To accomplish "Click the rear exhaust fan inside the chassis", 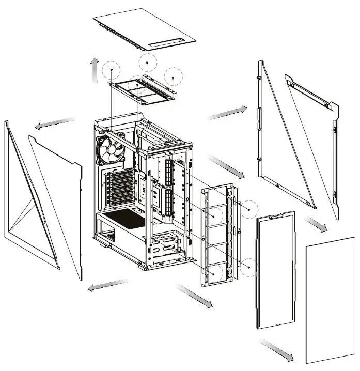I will (110, 150).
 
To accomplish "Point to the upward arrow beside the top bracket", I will (95, 70).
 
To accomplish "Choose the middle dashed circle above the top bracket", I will (147, 63).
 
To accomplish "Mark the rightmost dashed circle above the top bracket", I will (173, 76).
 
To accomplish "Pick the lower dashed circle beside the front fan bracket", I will (249, 267).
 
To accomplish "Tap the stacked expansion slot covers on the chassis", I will (120, 189).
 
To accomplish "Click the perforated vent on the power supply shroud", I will (124, 219).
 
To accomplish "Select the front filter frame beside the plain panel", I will (275, 271).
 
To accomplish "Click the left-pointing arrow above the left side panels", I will (54, 123).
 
